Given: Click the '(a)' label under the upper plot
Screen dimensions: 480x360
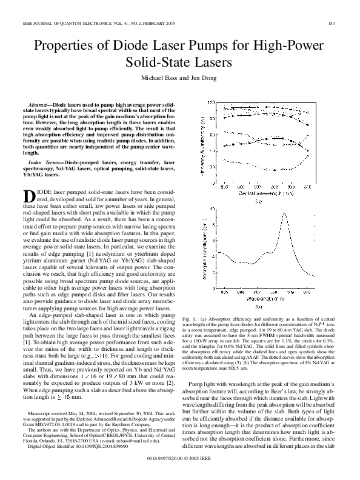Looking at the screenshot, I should (258, 201).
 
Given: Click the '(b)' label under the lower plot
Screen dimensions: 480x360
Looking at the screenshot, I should (258, 307).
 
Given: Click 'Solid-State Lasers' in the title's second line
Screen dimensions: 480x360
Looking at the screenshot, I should (180, 62).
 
